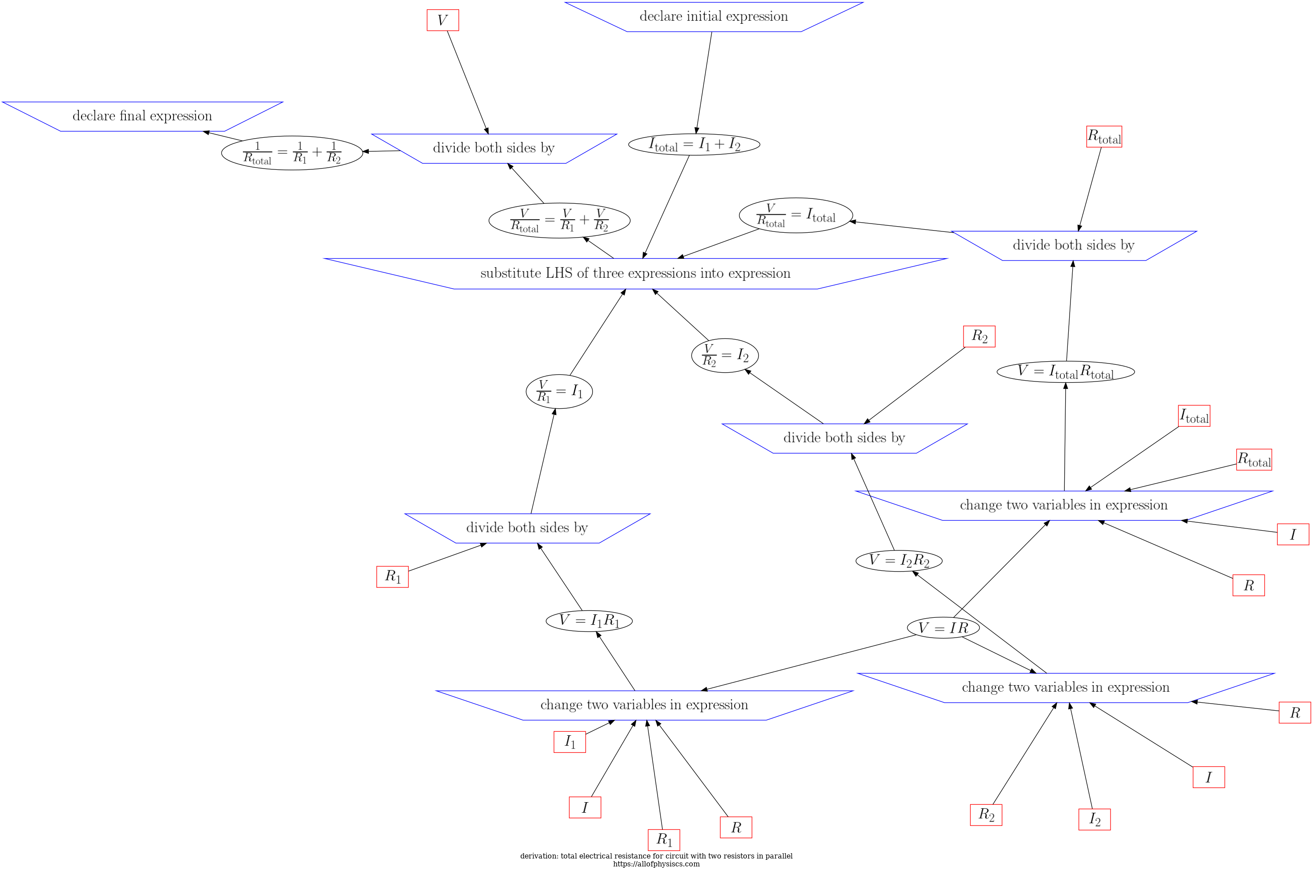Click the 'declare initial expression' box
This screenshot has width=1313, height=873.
coord(714,17)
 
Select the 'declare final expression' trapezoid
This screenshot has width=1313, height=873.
coord(142,116)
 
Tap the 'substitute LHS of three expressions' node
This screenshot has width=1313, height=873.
coord(635,273)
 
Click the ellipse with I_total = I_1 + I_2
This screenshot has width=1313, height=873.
coord(694,145)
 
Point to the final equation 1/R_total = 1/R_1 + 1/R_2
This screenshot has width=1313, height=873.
coord(292,153)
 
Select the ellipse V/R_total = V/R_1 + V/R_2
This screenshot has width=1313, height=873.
coord(559,220)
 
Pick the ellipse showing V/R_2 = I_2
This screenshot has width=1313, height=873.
coord(725,355)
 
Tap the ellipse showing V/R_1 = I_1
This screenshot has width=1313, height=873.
coord(559,392)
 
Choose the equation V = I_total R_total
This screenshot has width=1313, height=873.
coord(1065,372)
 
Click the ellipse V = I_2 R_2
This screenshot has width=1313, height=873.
coord(898,561)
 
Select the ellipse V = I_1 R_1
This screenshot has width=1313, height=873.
coord(588,621)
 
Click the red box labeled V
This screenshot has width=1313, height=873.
coord(443,21)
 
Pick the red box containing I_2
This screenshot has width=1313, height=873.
coord(1094,820)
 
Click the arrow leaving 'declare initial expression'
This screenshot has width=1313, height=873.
coord(704,82)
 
